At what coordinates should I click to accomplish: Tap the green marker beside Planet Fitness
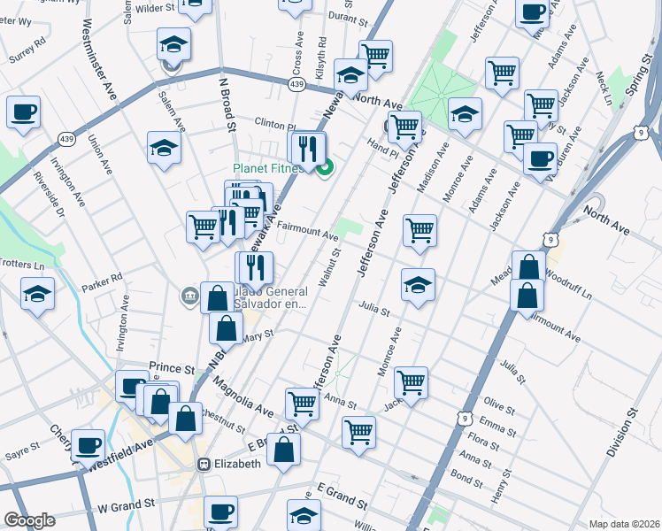coord(325,165)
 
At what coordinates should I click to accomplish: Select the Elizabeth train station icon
coord(204,463)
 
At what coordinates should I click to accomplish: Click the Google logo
coord(29,520)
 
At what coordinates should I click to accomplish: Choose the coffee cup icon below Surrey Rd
coord(23,112)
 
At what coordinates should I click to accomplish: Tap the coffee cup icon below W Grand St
coord(220,512)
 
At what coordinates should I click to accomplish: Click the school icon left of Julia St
coord(418,285)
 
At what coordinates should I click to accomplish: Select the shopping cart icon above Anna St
coord(411,382)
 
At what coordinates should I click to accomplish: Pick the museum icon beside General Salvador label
coord(189,296)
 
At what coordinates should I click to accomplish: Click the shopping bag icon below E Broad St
coord(283,450)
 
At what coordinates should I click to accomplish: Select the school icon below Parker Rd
coord(37,294)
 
